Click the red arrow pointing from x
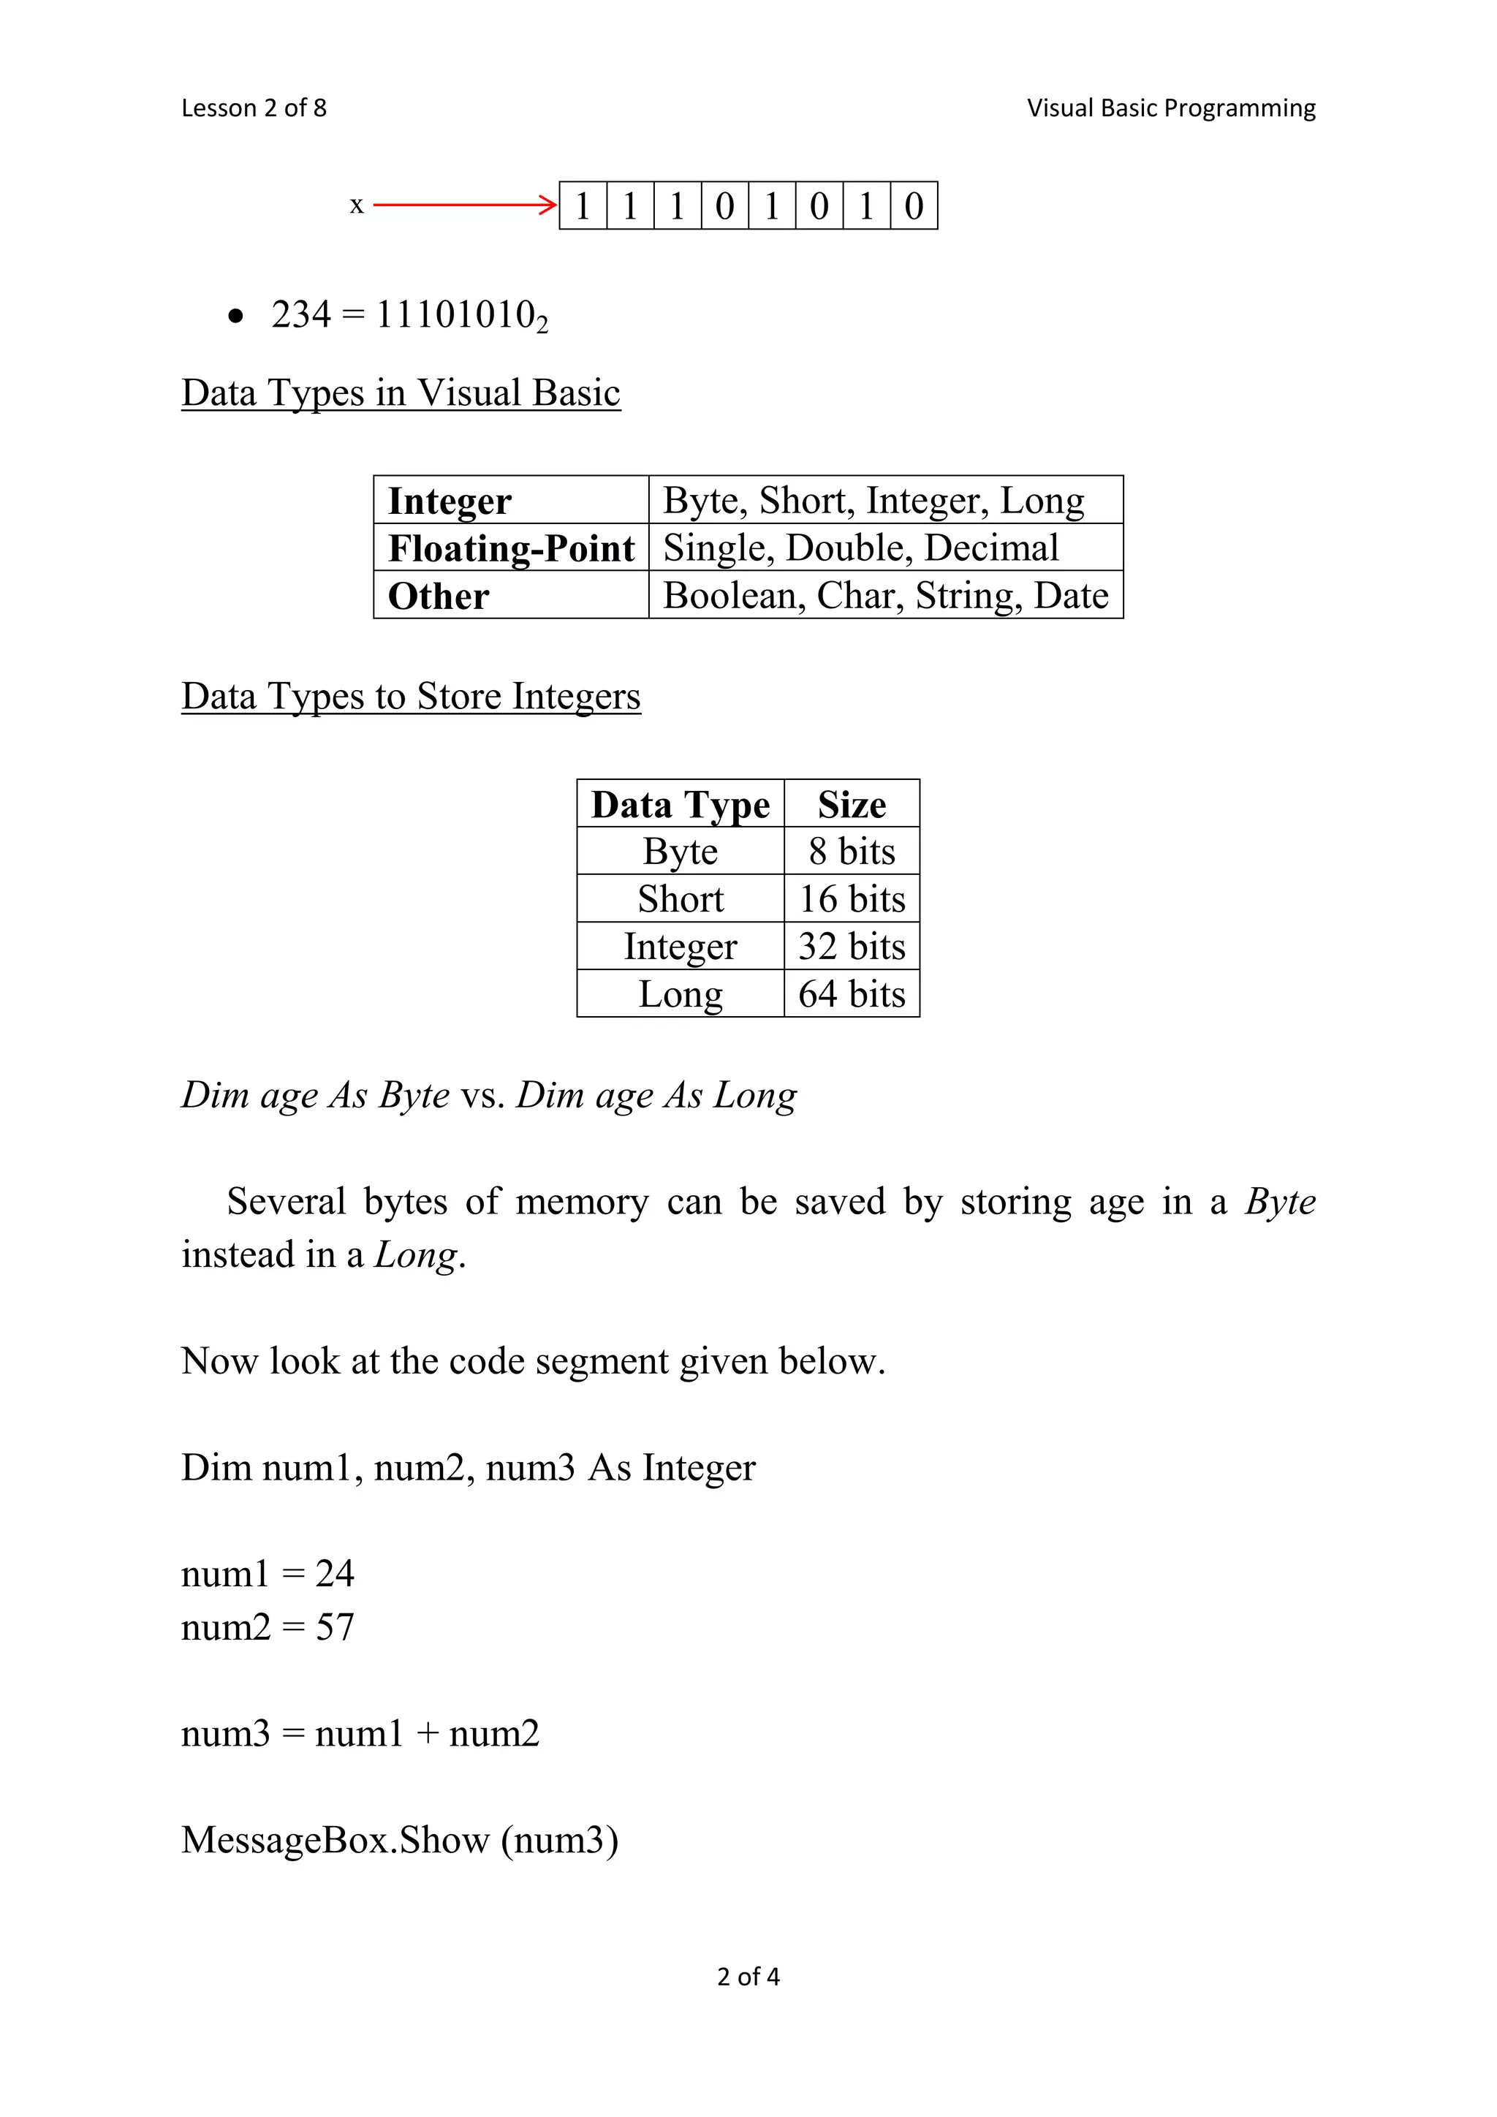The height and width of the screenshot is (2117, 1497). pyautogui.click(x=465, y=205)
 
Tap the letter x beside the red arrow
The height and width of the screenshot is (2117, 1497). pyautogui.click(x=357, y=205)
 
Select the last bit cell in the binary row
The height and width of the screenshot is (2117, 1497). pyautogui.click(x=914, y=205)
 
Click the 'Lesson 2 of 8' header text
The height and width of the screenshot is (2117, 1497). pyautogui.click(x=254, y=108)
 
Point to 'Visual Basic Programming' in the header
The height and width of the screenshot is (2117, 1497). pyautogui.click(x=1171, y=108)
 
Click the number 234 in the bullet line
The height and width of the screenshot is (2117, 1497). pyautogui.click(x=300, y=314)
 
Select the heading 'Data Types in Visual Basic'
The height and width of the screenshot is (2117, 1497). pyautogui.click(x=401, y=393)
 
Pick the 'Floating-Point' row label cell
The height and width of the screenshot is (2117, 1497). pyautogui.click(x=511, y=548)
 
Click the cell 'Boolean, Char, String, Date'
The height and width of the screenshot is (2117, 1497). pyautogui.click(x=885, y=596)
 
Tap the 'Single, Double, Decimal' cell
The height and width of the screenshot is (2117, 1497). pyautogui.click(x=861, y=548)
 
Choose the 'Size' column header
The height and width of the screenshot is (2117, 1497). pyautogui.click(x=852, y=804)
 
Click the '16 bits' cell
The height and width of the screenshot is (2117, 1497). pyautogui.click(x=852, y=899)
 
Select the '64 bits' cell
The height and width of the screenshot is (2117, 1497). pyautogui.click(x=852, y=994)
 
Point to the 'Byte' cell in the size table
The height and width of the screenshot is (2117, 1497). pyautogui.click(x=681, y=851)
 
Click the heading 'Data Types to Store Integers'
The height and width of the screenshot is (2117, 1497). pyautogui.click(x=410, y=696)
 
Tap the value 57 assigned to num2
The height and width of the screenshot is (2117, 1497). pyautogui.click(x=335, y=1626)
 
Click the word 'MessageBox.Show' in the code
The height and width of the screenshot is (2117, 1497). pyautogui.click(x=336, y=1839)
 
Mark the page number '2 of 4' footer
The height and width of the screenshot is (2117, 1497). pyautogui.click(x=748, y=1977)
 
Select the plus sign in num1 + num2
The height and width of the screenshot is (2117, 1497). pyautogui.click(x=427, y=1733)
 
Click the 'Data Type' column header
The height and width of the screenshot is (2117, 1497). pyautogui.click(x=681, y=804)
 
